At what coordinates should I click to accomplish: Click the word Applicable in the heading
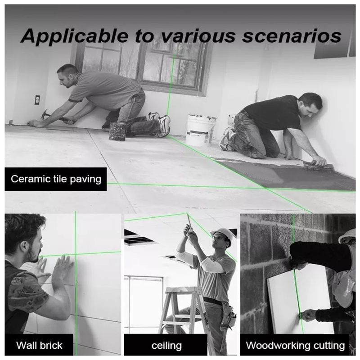[74, 36]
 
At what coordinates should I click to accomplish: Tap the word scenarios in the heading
[292, 36]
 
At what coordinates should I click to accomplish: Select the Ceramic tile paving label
[56, 179]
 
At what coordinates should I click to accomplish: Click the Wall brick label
[39, 345]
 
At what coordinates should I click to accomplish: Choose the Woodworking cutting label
[295, 345]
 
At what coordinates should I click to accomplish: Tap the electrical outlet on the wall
[37, 100]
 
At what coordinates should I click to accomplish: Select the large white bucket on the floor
[200, 130]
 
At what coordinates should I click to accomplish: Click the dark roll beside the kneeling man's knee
[117, 131]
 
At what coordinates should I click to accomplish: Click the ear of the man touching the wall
[23, 246]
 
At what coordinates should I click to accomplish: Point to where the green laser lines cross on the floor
[265, 188]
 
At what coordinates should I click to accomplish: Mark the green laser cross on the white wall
[76, 254]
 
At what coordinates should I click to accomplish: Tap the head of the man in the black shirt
[310, 105]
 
